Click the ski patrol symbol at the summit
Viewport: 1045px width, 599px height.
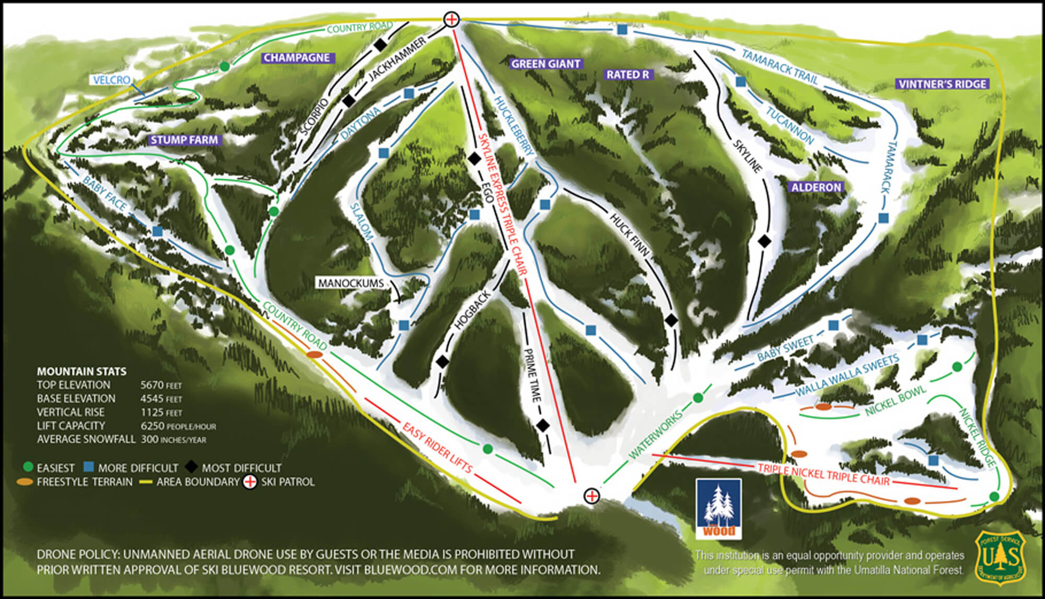pyautogui.click(x=451, y=20)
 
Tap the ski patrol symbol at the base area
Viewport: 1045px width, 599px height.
pyautogui.click(x=591, y=496)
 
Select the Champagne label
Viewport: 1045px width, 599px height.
pyautogui.click(x=296, y=58)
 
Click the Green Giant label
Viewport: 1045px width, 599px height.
pyautogui.click(x=545, y=64)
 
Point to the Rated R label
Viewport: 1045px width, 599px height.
pyautogui.click(x=628, y=75)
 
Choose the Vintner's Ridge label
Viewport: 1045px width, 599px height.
pyautogui.click(x=943, y=84)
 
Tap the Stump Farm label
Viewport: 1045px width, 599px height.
pyautogui.click(x=184, y=140)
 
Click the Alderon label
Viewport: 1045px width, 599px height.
pyautogui.click(x=816, y=187)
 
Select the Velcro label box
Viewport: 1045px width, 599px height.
pyautogui.click(x=111, y=80)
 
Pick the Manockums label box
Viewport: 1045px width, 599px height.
pyautogui.click(x=351, y=283)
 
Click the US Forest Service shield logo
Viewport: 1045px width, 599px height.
pyautogui.click(x=1000, y=558)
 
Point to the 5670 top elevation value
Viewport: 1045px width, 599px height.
pyautogui.click(x=152, y=385)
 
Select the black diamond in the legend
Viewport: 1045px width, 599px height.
pyautogui.click(x=192, y=467)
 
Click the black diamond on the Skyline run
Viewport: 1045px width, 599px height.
pyautogui.click(x=764, y=241)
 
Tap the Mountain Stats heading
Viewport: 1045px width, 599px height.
pyautogui.click(x=82, y=372)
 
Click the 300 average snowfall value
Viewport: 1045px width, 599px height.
pyautogui.click(x=149, y=439)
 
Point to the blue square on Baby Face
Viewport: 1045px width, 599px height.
pyautogui.click(x=158, y=231)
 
